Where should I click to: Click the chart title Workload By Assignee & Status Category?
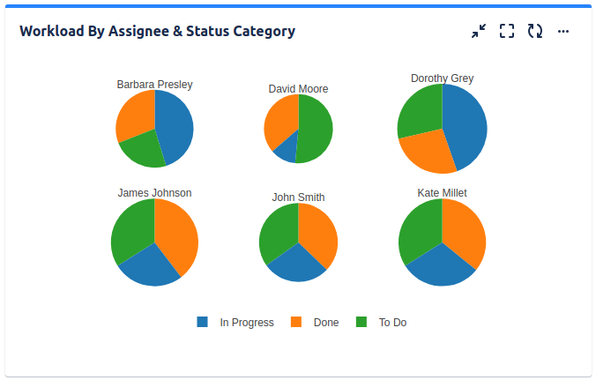coord(157,32)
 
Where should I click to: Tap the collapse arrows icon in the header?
coord(479,32)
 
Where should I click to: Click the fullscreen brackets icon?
coord(507,32)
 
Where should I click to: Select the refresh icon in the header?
coord(535,32)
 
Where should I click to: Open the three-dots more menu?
coord(563,32)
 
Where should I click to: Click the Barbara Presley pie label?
coord(154,85)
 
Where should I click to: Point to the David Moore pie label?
coord(298,89)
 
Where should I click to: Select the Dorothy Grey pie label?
coord(442,78)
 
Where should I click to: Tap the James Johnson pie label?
coord(154,193)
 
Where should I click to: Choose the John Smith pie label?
coord(298,197)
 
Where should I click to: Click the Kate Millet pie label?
coord(442,192)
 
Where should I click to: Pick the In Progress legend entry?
coord(236,323)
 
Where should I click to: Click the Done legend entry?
coord(316,323)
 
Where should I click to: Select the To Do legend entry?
coord(382,323)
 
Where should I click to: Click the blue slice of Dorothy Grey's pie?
coord(466,123)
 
